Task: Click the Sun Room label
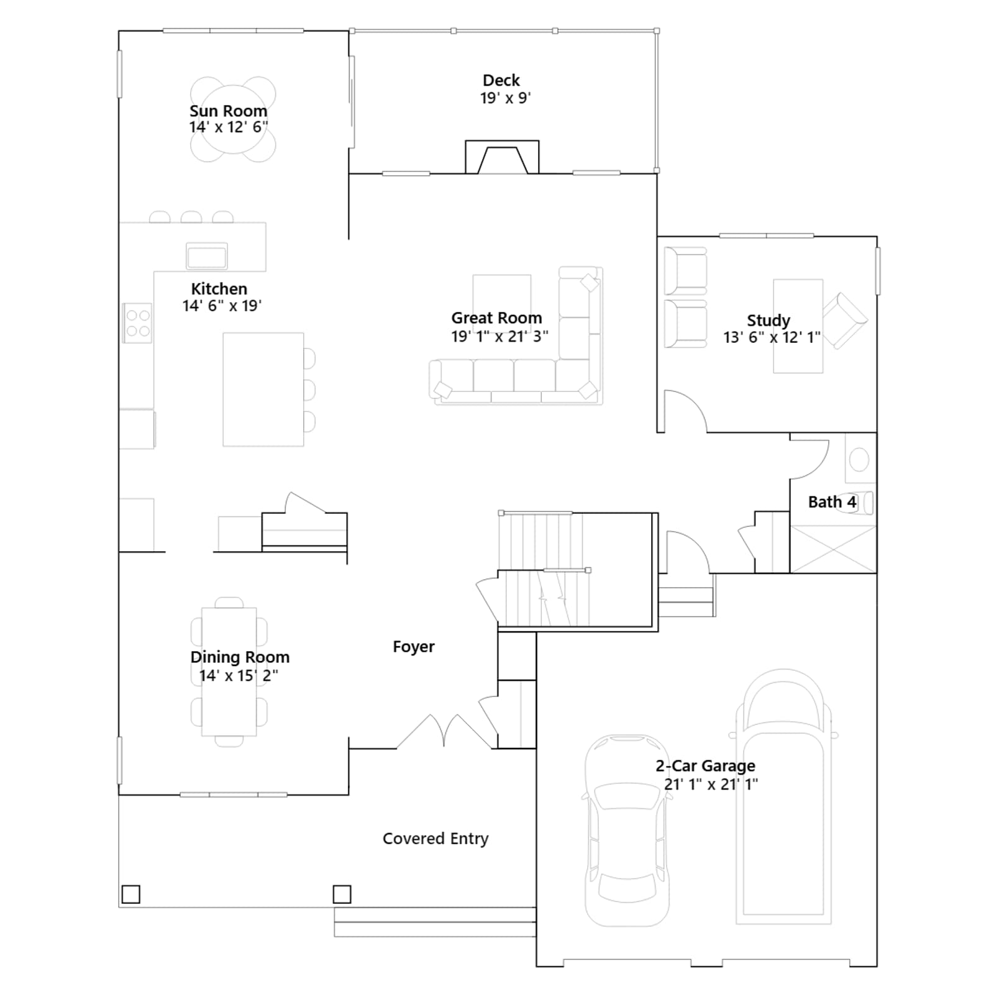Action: pyautogui.click(x=228, y=111)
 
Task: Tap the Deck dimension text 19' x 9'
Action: pyautogui.click(x=505, y=98)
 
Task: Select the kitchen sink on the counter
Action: pyautogui.click(x=207, y=255)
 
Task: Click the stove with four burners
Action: pyautogui.click(x=137, y=322)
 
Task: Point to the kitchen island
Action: pyautogui.click(x=263, y=389)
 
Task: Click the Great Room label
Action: pyautogui.click(x=496, y=317)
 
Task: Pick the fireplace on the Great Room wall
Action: pyautogui.click(x=502, y=157)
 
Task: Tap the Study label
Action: pyautogui.click(x=768, y=321)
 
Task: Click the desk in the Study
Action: pyautogui.click(x=798, y=326)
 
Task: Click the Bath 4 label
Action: pyautogui.click(x=832, y=501)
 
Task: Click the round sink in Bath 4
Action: pyautogui.click(x=860, y=460)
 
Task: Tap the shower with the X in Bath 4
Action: pyautogui.click(x=833, y=549)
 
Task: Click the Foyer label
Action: pyautogui.click(x=414, y=647)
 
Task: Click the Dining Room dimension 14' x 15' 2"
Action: pyautogui.click(x=239, y=675)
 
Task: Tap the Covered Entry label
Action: pyautogui.click(x=435, y=839)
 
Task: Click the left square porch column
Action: pyautogui.click(x=130, y=894)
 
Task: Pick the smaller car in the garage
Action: pyautogui.click(x=627, y=831)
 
